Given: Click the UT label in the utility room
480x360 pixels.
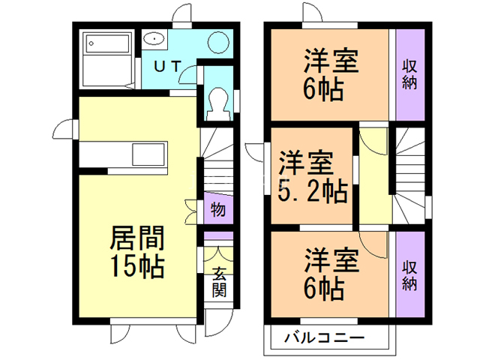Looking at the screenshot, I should [167, 65].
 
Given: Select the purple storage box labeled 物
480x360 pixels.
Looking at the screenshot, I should [217, 209].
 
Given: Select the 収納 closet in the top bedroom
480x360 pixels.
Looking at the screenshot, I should [409, 73].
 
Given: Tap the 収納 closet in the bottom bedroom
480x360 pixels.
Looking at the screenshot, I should [409, 275].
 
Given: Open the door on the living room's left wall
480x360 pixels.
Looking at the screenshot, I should [68, 129].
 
